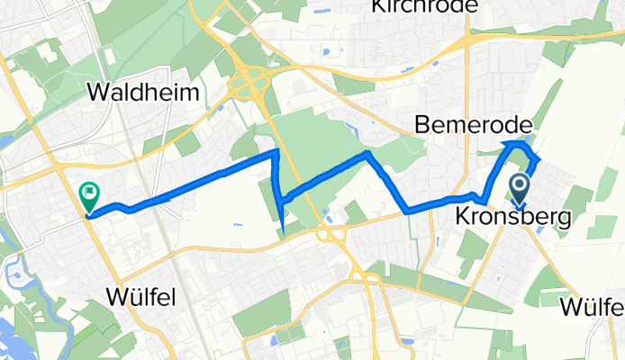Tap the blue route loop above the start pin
tap(519, 147)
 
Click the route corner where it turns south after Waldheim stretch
tap(276, 154)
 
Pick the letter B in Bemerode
tap(422, 124)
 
